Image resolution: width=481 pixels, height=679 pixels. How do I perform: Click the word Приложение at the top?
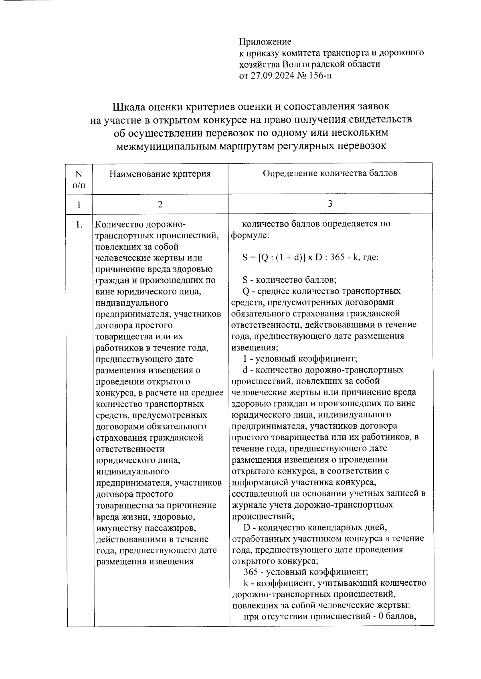pos(265,42)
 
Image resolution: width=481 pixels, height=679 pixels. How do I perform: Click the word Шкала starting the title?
pos(129,107)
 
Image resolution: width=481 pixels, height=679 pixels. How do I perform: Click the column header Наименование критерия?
pos(160,174)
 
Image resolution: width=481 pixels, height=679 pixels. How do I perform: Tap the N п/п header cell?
pos(79,179)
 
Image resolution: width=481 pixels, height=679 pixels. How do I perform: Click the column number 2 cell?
pos(160,204)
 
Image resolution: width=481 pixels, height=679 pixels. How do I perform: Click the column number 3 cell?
pos(330,204)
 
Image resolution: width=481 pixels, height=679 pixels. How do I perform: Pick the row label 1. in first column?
pos(79,225)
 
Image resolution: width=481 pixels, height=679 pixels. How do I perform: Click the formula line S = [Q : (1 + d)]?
pos(311,258)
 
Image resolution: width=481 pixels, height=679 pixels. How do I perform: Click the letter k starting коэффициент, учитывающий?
pos(245,582)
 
